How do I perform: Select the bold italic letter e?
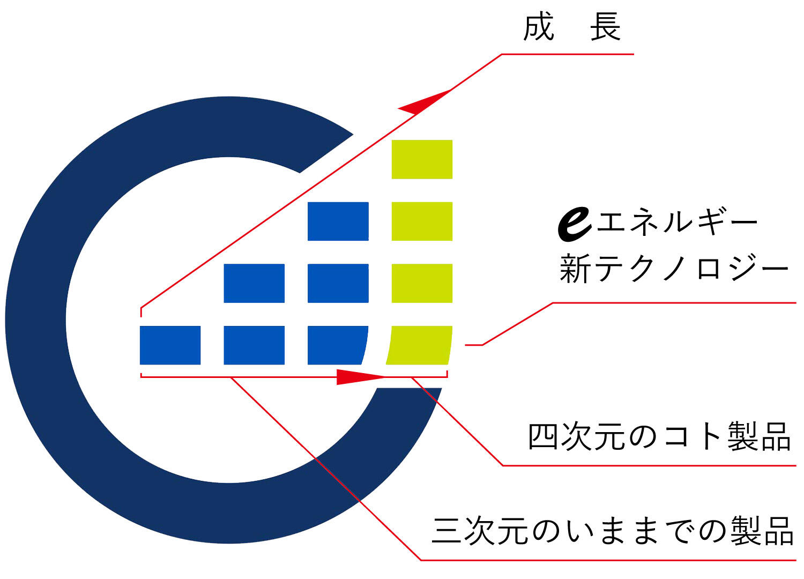pyautogui.click(x=575, y=224)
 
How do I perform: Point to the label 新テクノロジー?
pyautogui.click(x=674, y=268)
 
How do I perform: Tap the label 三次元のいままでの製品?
pyautogui.click(x=612, y=531)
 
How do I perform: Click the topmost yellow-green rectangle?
pyautogui.click(x=422, y=159)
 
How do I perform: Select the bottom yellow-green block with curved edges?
pyautogui.click(x=419, y=345)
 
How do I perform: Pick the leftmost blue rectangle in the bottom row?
pyautogui.click(x=170, y=345)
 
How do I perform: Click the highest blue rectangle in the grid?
pyautogui.click(x=338, y=221)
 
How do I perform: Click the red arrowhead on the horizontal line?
pyautogui.click(x=360, y=377)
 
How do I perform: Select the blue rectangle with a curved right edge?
pyautogui.click(x=337, y=345)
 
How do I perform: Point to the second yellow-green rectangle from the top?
pyautogui.click(x=422, y=221)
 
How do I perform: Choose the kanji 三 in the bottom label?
pyautogui.click(x=446, y=531)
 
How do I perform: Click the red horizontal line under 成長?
pyautogui.click(x=568, y=54)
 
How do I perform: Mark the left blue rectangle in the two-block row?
pyautogui.click(x=254, y=283)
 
